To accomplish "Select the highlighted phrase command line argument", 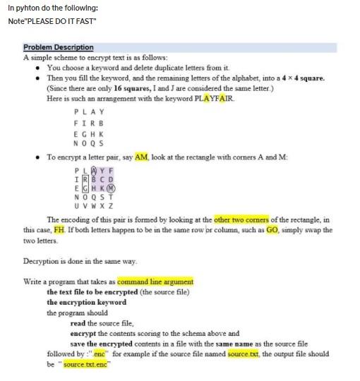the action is pos(155,282).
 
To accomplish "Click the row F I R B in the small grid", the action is pos(88,122).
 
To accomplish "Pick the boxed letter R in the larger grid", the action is pos(85,179).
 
